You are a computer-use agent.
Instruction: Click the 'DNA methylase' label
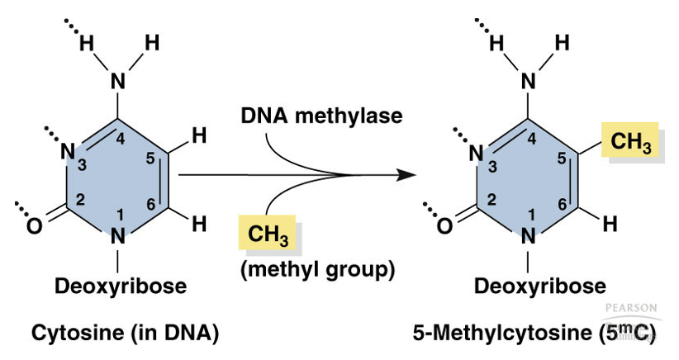point(321,116)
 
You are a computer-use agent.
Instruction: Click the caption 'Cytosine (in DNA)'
point(125,333)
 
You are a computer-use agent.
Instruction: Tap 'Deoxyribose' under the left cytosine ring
point(120,287)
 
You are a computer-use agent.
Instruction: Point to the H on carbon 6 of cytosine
point(198,223)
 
